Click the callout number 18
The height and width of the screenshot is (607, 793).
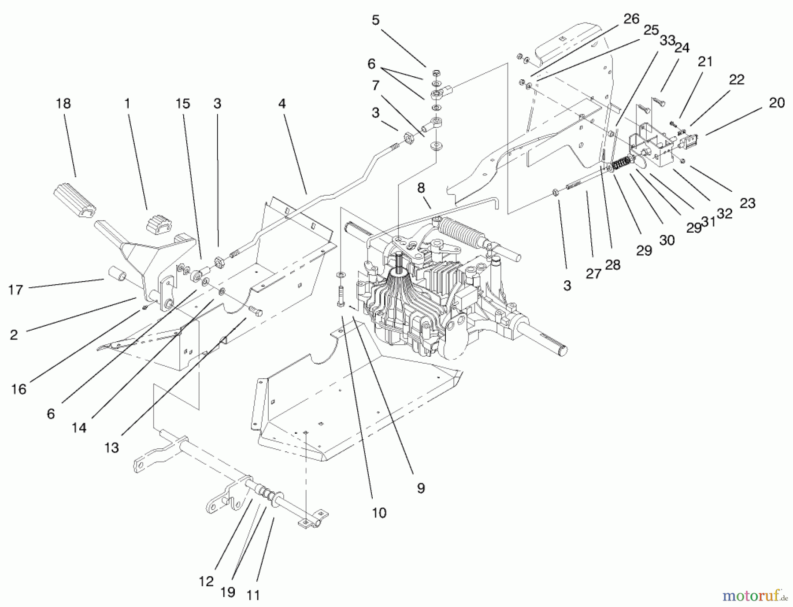63,103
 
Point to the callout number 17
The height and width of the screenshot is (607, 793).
15,290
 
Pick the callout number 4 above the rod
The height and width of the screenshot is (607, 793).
282,103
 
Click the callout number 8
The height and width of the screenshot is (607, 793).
421,188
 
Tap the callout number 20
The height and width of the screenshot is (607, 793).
777,103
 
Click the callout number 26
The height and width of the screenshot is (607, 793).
631,19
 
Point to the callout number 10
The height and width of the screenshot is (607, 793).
379,513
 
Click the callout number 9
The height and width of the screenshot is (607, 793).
421,488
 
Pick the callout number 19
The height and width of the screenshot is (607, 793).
227,592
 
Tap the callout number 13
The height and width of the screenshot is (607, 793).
111,447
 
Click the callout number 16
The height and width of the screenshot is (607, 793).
19,389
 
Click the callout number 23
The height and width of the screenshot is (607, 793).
748,203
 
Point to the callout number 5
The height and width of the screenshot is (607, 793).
375,20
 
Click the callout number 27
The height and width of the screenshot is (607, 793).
593,273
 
